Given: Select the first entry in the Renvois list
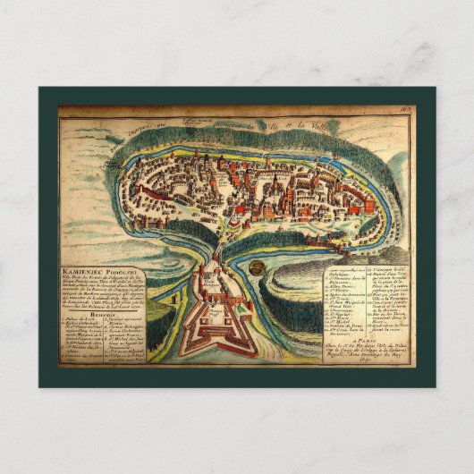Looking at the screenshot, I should click(x=80, y=318).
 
